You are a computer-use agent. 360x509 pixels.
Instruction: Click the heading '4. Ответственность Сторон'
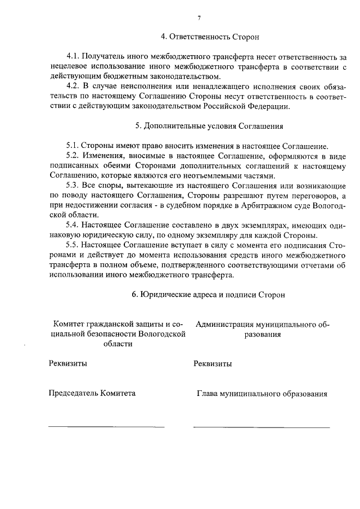(210, 37)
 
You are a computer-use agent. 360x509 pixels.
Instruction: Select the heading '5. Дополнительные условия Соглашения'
(213, 126)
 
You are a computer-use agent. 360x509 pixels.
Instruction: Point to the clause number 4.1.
(73, 57)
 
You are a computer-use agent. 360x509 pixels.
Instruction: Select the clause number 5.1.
(73, 145)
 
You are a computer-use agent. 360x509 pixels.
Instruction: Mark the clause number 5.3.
(73, 185)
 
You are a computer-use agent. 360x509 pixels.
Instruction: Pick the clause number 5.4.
(73, 225)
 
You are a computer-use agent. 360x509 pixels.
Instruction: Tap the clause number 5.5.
(73, 245)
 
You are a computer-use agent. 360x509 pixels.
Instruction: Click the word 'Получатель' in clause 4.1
(102, 57)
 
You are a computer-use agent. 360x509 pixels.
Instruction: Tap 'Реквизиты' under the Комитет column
(68, 363)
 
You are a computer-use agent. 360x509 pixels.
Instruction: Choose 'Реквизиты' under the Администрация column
(213, 363)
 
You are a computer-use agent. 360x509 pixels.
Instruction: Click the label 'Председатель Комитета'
(92, 394)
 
